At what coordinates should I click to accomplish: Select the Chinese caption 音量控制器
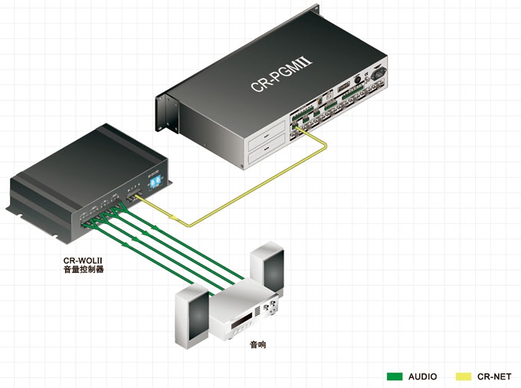tap(83, 270)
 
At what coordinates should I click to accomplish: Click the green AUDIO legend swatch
tap(395, 376)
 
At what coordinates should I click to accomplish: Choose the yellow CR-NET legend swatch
tap(464, 376)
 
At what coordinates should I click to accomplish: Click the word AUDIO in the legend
tap(423, 376)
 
